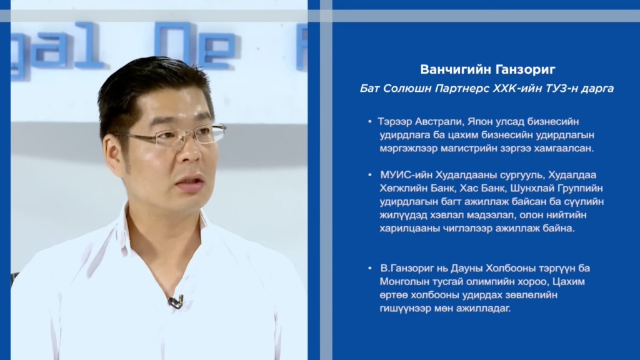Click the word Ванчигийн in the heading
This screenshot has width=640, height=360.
click(452, 69)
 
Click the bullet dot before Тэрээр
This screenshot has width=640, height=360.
click(370, 122)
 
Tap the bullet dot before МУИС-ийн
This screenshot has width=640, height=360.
click(370, 175)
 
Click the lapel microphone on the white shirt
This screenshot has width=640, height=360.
click(176, 302)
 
